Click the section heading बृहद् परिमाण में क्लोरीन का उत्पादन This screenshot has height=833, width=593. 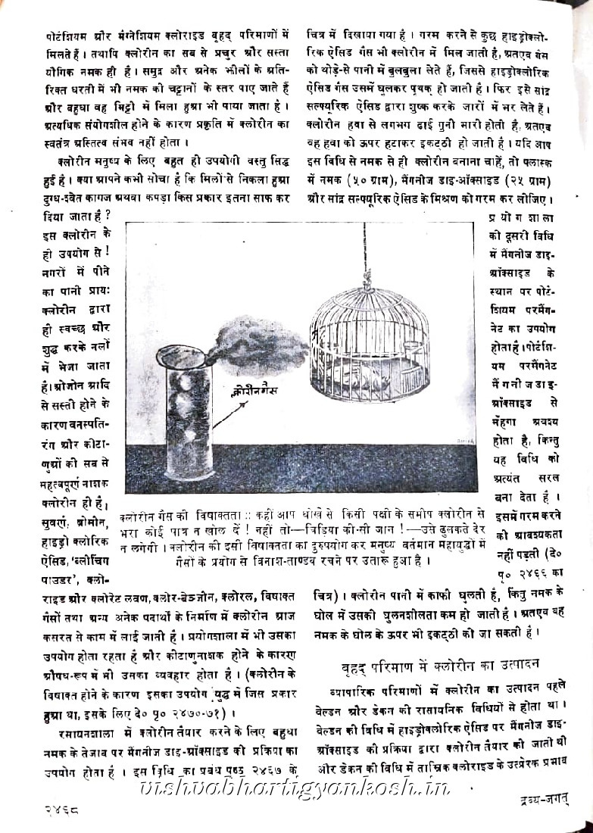coord(439,664)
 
